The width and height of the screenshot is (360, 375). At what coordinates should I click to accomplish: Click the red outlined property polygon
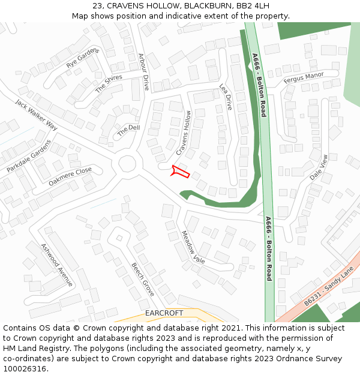pos(180,172)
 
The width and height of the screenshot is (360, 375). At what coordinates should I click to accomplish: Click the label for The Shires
pos(109,83)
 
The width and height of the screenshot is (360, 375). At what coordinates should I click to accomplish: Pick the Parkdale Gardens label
pos(29,157)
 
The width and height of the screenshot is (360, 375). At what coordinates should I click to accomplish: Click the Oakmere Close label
pos(70,176)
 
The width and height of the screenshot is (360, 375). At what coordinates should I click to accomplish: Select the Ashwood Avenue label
pos(56,265)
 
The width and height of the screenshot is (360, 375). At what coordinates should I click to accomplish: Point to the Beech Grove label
pos(143,280)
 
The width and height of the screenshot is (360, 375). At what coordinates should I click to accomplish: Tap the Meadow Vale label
pos(193,247)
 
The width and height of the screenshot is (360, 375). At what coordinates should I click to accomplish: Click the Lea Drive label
pos(226,96)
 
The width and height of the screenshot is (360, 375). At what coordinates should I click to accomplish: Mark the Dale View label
pos(319,167)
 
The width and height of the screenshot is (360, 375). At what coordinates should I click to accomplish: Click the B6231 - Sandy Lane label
pos(329,288)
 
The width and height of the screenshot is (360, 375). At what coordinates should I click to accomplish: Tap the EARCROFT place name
pos(164,313)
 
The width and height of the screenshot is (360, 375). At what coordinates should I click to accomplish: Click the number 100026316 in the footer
pos(25,368)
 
